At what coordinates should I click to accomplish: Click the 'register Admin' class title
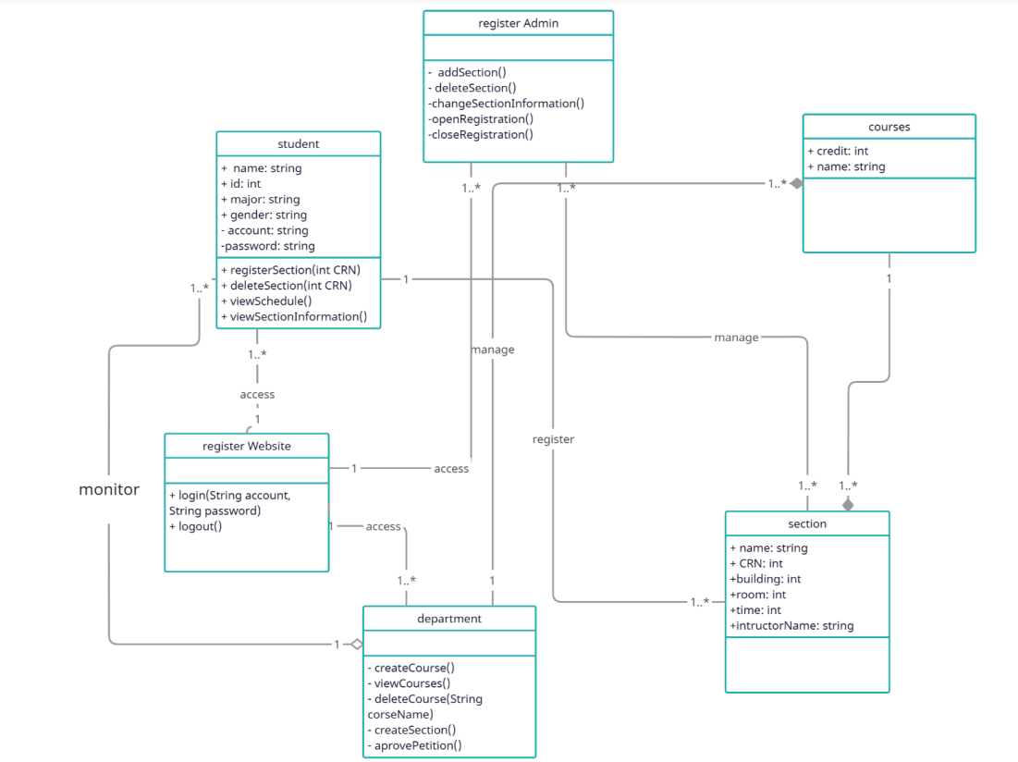pos(518,23)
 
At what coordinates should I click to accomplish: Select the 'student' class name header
pos(298,143)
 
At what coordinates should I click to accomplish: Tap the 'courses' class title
pos(889,127)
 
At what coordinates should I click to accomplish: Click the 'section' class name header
pos(807,523)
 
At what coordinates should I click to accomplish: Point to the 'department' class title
pos(448,619)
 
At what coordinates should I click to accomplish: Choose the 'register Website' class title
pos(246,446)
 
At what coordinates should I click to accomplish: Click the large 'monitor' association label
pos(109,489)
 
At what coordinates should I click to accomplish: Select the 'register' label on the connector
pos(553,439)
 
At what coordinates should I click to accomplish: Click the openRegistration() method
pos(481,119)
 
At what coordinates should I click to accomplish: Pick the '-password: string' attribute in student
pos(268,246)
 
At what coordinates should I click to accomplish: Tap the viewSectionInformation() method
pos(294,316)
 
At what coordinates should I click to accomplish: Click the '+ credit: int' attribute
pos(838,151)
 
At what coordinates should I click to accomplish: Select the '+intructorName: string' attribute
pos(791,626)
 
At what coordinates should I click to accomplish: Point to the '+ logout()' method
pos(196,526)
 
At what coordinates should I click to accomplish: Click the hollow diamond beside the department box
pos(354,644)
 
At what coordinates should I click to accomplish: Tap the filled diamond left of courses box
pos(795,183)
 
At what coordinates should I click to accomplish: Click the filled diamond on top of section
pos(847,504)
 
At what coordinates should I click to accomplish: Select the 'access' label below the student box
pos(257,394)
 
